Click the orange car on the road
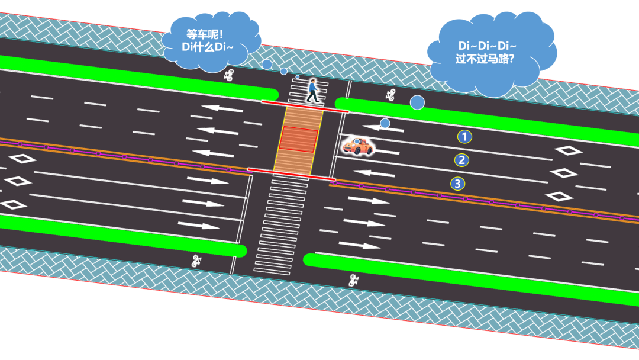pyautogui.click(x=357, y=146)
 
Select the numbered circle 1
pyautogui.click(x=464, y=137)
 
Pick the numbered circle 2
pyautogui.click(x=461, y=160)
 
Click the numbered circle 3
pyautogui.click(x=457, y=184)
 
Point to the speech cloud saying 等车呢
pyautogui.click(x=211, y=38)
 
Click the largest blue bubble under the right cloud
pyautogui.click(x=417, y=102)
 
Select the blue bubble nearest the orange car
pyautogui.click(x=385, y=123)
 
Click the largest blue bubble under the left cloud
pyautogui.click(x=267, y=64)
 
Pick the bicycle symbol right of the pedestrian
pyautogui.click(x=390, y=95)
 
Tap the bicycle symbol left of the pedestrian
pyautogui.click(x=229, y=75)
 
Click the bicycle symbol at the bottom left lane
pyautogui.click(x=196, y=261)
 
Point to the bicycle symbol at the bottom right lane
pyautogui.click(x=354, y=279)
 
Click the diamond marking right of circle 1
pyautogui.click(x=568, y=150)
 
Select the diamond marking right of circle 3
pyautogui.click(x=558, y=196)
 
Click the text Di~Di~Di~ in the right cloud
pyautogui.click(x=488, y=46)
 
